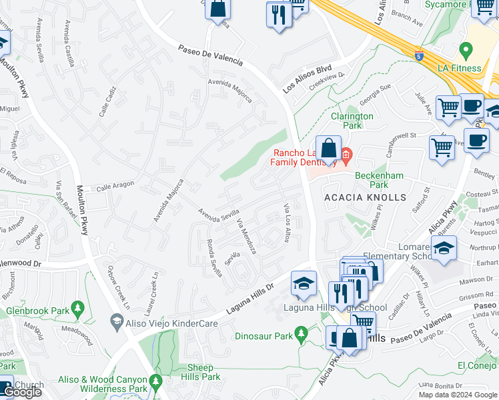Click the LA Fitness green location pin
pos(466,50)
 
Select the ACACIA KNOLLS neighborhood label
pos(364,198)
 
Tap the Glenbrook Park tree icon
pos(79,308)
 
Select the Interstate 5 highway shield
pos(418,57)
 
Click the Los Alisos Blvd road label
pos(307,78)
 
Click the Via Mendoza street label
pos(246,237)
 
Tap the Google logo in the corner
pos(21,392)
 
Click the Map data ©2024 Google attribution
pos(458,395)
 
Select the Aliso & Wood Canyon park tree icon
pos(156,382)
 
